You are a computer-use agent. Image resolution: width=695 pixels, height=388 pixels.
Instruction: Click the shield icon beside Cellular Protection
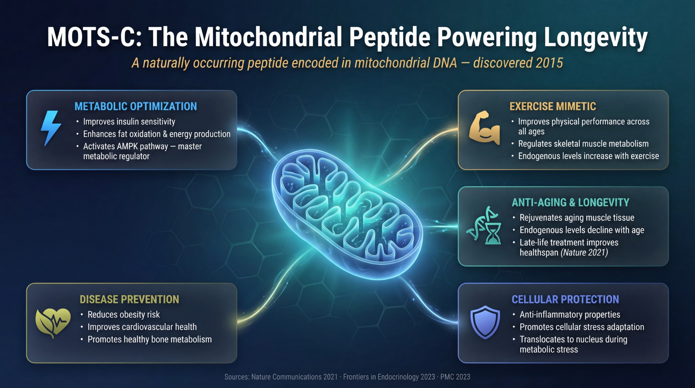(x=485, y=322)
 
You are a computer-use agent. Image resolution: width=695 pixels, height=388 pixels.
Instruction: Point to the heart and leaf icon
(x=53, y=322)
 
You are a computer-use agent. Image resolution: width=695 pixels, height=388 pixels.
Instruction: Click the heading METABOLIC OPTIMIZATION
(x=136, y=106)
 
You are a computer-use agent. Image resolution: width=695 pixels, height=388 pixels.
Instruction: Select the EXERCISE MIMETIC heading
(x=552, y=106)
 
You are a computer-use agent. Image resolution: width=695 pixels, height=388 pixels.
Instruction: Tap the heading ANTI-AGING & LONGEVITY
(x=570, y=202)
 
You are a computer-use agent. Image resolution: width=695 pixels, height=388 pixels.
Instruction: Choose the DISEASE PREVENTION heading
(x=129, y=299)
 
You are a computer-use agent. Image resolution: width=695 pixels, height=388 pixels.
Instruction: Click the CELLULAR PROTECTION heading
(x=565, y=299)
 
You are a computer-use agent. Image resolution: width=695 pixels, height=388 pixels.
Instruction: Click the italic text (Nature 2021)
(x=584, y=253)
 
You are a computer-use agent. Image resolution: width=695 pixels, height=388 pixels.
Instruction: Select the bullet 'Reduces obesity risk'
(x=124, y=315)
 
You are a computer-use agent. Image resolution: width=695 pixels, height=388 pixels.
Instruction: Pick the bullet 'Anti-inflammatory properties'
(x=570, y=315)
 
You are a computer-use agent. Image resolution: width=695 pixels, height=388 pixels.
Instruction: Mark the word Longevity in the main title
(x=596, y=37)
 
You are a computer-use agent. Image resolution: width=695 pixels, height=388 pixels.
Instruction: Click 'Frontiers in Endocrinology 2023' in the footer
(x=389, y=377)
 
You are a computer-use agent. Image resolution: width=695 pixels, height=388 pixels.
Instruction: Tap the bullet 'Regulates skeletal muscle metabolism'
(x=583, y=144)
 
